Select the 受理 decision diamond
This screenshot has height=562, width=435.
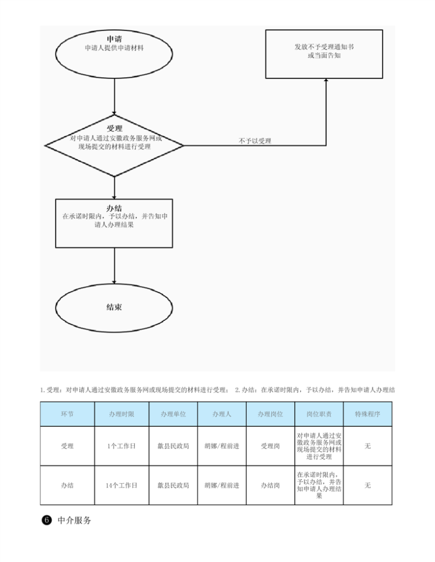pos(114,145)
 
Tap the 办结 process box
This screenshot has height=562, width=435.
pos(114,223)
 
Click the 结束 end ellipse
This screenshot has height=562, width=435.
pos(114,307)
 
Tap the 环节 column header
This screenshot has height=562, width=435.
pos(67,414)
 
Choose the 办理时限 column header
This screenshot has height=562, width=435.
pos(122,414)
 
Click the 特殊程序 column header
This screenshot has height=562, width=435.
pos(368,414)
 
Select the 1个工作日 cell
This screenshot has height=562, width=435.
pos(122,446)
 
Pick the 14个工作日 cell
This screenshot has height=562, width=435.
pos(122,485)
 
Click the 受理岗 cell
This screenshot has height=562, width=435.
pos(271,446)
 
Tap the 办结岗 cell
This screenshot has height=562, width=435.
pos(271,485)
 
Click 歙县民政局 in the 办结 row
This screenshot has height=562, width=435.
pos(173,485)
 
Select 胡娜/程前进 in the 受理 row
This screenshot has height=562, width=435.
pos(222,446)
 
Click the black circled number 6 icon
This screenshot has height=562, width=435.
pos(47,520)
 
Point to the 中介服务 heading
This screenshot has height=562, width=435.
pos(74,520)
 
